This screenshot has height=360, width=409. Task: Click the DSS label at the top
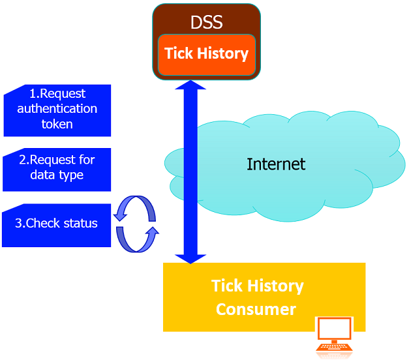207,22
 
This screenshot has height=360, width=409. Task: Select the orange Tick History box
207,53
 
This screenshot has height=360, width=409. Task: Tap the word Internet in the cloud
275,164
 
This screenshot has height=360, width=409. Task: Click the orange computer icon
334,337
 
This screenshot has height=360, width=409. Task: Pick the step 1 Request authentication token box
57,109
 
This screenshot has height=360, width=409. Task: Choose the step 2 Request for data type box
57,168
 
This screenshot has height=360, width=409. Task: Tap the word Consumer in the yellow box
256,308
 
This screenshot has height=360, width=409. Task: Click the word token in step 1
57,123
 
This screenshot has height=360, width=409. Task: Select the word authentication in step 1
57,108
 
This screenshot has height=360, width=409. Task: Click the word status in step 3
80,224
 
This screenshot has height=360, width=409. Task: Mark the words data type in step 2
57,175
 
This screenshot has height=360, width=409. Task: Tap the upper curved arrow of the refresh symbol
135,209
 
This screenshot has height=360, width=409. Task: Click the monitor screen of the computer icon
334,329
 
